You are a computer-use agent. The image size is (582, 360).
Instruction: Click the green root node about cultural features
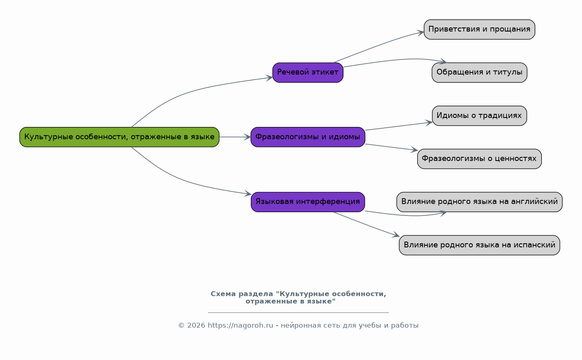tap(119, 137)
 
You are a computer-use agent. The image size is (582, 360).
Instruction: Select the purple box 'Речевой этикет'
tap(308, 72)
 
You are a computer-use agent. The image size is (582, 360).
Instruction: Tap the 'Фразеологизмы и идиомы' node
tap(308, 137)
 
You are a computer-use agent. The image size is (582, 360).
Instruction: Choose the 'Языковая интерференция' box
tap(308, 202)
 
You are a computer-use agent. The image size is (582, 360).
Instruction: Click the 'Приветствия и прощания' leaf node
tap(479, 29)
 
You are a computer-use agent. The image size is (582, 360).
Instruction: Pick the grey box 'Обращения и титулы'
tap(479, 72)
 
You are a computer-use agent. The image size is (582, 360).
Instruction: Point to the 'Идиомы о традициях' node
tap(479, 115)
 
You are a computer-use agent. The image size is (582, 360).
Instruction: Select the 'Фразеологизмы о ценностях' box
tap(479, 158)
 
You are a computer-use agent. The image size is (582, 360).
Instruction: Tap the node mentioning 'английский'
tap(479, 202)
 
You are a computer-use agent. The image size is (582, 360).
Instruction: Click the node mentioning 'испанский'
tap(479, 245)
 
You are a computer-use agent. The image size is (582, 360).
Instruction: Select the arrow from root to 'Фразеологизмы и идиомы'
tap(235, 137)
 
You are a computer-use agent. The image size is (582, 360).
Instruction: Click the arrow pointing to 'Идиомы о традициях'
tap(398, 126)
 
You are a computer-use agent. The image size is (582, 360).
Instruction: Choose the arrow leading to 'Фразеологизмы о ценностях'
tap(391, 147)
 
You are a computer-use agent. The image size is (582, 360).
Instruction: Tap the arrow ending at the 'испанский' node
tap(367, 224)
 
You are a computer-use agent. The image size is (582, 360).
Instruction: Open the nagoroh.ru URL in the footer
tap(240, 326)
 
